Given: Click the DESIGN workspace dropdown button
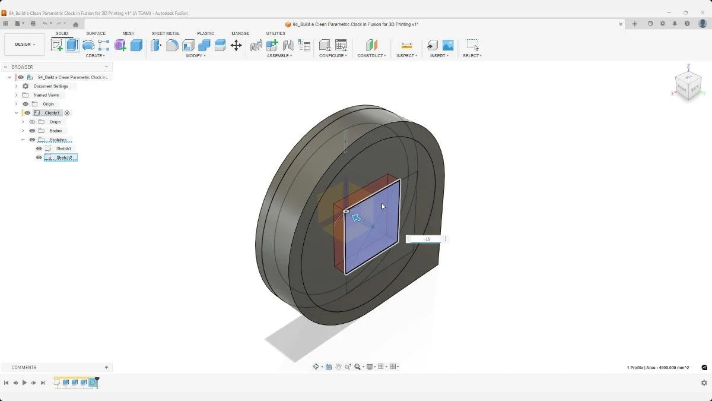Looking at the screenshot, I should (25, 45).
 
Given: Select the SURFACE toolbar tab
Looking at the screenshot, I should (96, 34).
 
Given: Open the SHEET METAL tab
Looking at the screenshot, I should (166, 34).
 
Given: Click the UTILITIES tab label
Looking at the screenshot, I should (275, 34).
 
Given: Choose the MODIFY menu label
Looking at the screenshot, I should (195, 56).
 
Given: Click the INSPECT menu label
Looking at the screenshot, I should (406, 56).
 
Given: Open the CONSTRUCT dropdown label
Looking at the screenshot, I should (371, 56).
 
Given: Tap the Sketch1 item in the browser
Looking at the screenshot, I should (63, 149).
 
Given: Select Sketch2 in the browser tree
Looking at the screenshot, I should (64, 157).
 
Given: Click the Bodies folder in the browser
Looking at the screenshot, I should (56, 131).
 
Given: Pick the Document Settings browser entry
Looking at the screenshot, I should (50, 86).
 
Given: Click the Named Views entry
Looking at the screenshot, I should (46, 95).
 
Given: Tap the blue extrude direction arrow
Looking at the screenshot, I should (356, 218).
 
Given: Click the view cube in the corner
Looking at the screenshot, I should (688, 86).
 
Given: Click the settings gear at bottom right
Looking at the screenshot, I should (704, 383).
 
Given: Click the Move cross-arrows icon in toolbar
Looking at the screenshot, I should (236, 45).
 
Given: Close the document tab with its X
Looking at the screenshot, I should (621, 24).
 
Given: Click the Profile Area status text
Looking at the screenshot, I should (658, 368).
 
